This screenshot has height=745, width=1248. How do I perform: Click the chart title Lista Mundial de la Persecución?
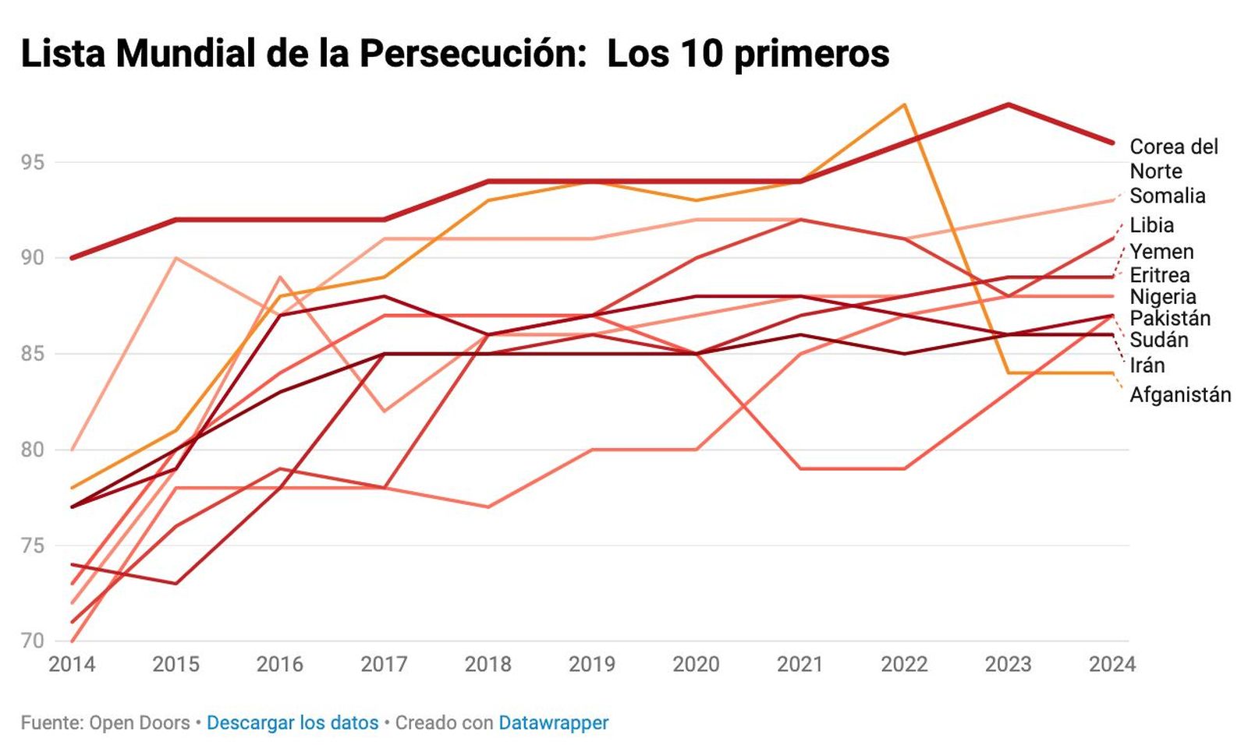coord(455,54)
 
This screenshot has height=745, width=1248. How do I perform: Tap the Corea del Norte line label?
coord(1172,158)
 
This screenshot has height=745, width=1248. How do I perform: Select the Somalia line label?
coord(1167,196)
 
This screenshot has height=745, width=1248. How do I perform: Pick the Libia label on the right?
coord(1151,225)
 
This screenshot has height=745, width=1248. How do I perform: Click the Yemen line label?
coord(1161,252)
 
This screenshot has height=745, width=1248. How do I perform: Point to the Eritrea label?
coord(1159,275)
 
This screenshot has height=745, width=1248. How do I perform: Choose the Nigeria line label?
coord(1162,297)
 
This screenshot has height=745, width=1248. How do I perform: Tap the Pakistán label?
coord(1169,318)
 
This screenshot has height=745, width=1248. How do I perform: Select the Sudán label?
coord(1158,340)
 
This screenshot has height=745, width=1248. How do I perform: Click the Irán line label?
coord(1147,365)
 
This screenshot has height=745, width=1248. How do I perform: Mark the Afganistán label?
coord(1179,395)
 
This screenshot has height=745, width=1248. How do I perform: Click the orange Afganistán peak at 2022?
coord(904,104)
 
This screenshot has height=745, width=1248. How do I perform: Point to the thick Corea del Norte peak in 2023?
coord(1008,104)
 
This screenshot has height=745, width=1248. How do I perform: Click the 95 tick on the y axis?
coord(33,162)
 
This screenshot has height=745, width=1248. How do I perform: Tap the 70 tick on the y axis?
coord(33,641)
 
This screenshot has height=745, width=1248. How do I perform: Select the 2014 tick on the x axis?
coord(72,664)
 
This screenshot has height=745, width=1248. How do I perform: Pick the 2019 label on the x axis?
coord(591,664)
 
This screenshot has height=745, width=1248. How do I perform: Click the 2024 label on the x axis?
coord(1111,664)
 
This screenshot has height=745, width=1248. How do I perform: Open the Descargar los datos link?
coord(292,722)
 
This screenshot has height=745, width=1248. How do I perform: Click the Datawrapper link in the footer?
coord(553,722)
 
